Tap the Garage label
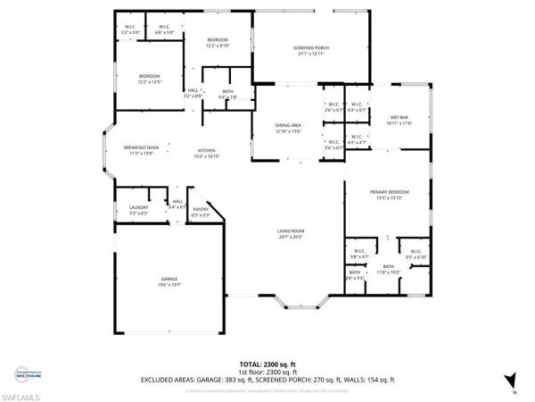point(169,281)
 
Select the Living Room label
point(291,233)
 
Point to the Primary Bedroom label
point(390,194)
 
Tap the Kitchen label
point(208,153)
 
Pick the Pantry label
point(201,212)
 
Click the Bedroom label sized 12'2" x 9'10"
point(218,43)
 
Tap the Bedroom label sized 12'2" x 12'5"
point(149,80)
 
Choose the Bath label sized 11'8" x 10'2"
point(387,268)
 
